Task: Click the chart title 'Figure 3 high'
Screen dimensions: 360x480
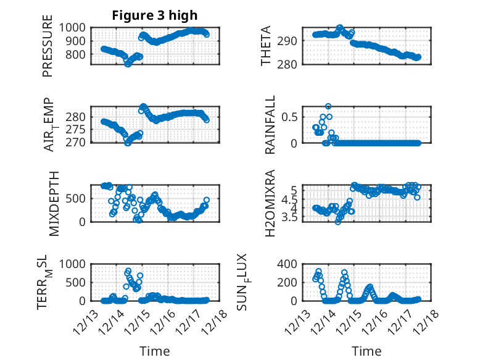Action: click(154, 15)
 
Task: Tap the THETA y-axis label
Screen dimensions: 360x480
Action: click(266, 46)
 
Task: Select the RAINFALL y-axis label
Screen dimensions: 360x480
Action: click(270, 125)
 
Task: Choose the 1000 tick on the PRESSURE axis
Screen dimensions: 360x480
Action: click(77, 28)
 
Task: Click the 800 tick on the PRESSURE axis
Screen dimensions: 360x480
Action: click(79, 54)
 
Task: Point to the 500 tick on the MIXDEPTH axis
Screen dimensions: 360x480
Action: click(79, 198)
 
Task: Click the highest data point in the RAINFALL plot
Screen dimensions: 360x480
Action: click(328, 106)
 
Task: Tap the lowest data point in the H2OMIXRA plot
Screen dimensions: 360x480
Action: click(338, 221)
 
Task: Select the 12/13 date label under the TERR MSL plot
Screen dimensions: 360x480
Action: click(86, 320)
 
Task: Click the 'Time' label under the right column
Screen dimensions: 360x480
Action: click(366, 351)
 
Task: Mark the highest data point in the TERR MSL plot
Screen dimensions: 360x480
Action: click(128, 270)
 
